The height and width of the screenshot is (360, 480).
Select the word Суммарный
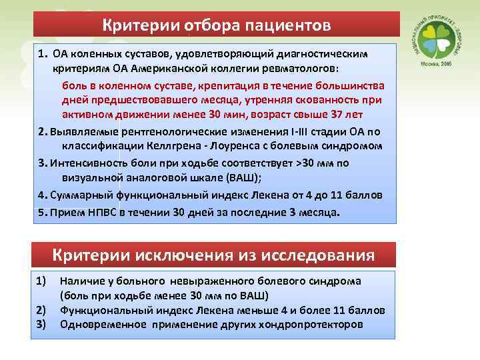point(79,195)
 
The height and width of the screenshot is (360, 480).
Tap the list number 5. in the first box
point(43,213)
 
